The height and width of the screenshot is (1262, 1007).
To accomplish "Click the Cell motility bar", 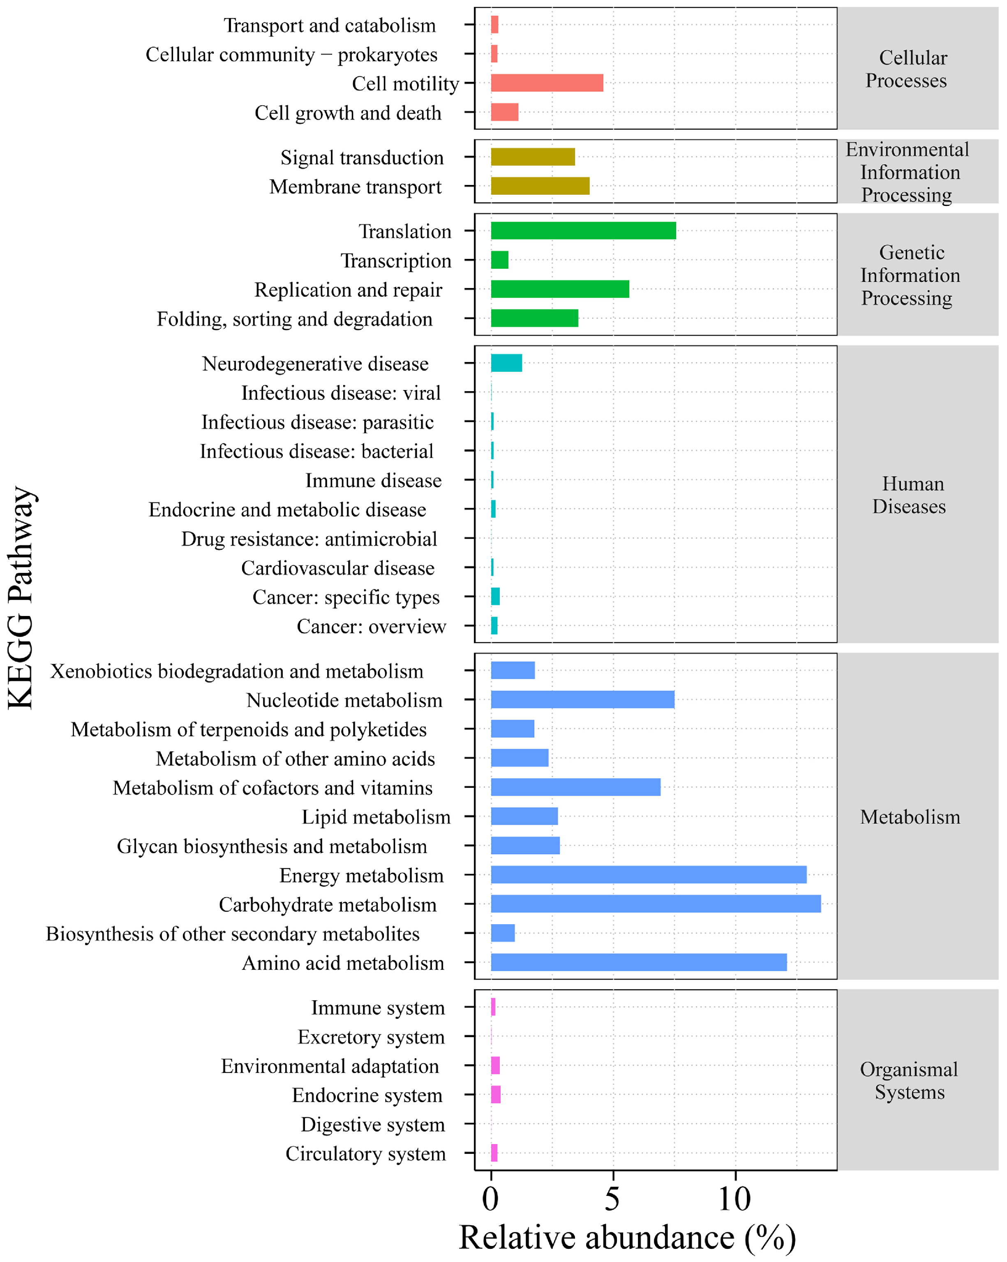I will pos(547,83).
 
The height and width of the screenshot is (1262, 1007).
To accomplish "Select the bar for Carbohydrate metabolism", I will pos(656,904).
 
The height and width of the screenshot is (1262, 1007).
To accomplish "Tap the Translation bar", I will pos(583,231).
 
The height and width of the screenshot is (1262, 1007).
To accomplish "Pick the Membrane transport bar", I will pos(540,186).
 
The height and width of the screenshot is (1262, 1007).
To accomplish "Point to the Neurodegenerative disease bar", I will pos(506,363).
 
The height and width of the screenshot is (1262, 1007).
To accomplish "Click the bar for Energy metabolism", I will pos(649,874).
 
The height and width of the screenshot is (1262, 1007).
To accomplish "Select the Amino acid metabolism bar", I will pos(639,962).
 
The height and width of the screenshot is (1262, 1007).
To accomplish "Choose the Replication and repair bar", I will pos(560,289).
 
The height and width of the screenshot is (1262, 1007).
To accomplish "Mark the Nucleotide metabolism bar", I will pos(582,699).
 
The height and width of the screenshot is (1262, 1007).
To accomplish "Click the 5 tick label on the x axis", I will pos(612,1200).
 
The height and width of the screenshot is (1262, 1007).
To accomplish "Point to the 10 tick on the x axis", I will pos(735,1200).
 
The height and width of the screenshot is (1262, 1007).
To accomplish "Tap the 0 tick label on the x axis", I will pos(491,1200).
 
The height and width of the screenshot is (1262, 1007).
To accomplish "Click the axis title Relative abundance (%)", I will pos(627,1238).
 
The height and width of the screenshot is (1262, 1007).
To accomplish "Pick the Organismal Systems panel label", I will pos(909,1080).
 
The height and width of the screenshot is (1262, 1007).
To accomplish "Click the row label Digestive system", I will pos(373,1124).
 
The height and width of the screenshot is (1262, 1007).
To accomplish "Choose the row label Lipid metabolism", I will pos(376,817).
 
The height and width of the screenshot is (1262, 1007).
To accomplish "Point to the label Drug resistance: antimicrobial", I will pos(309,538).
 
